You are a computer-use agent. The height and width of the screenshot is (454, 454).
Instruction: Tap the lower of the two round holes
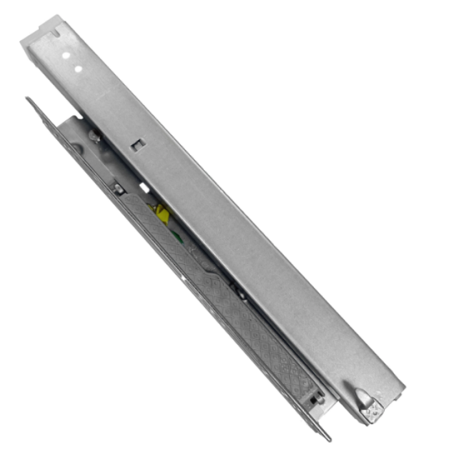point(77,67)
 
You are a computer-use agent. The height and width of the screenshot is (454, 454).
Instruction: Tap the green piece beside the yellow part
point(153,209)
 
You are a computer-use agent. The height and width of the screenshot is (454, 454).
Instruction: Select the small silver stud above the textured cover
point(118,189)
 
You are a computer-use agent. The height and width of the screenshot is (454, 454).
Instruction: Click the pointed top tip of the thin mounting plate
point(28,99)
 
